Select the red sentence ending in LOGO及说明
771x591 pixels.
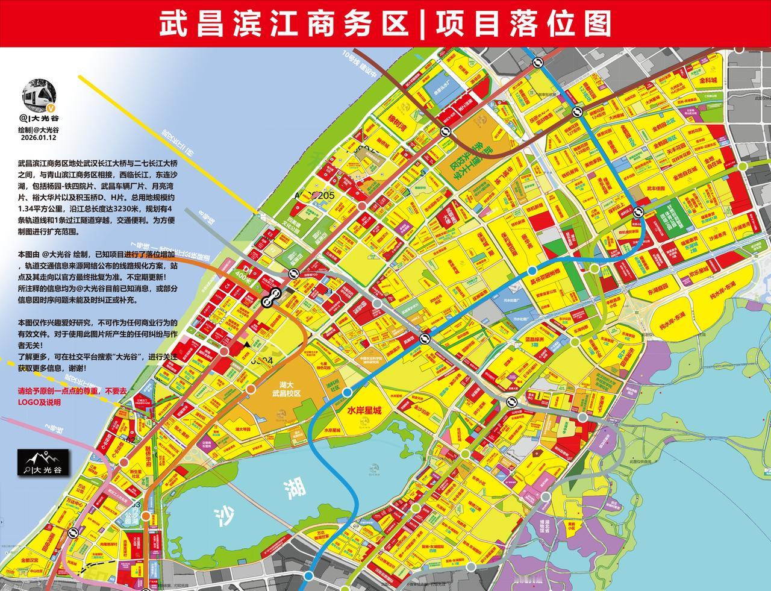click(72, 396)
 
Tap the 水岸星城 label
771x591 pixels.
click(364, 410)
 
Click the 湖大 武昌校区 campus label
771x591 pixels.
click(286, 389)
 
